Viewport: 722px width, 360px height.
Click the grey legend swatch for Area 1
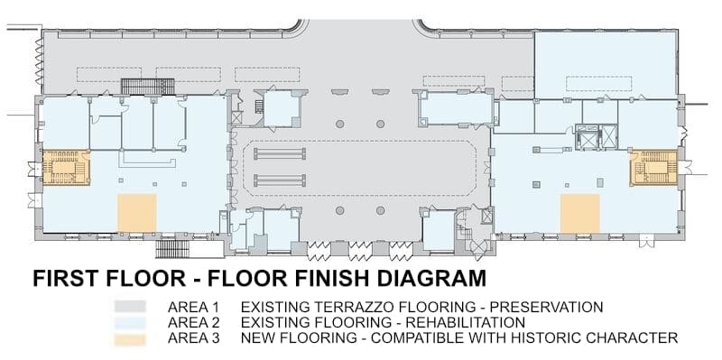130,306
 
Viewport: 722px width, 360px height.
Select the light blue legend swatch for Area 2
130,322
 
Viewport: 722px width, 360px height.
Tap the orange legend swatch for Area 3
130,340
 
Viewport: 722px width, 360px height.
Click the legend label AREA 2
193,322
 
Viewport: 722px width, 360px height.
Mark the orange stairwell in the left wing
66,168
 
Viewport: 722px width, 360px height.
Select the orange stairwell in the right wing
653,168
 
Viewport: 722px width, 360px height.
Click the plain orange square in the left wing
137,213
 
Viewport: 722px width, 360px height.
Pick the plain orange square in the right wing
580,214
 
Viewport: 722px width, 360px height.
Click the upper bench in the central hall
280,153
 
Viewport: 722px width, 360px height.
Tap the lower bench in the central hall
280,180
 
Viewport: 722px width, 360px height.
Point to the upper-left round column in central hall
340,124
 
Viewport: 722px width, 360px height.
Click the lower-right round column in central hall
380,210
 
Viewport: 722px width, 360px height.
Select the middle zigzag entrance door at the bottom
360,251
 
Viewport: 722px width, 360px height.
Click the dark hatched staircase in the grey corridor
148,87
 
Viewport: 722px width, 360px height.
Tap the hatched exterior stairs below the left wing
172,249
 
